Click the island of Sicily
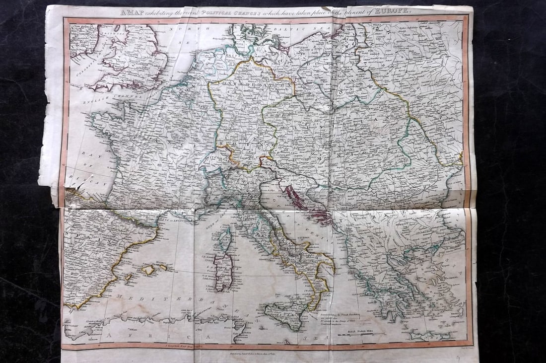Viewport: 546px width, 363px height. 286,315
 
